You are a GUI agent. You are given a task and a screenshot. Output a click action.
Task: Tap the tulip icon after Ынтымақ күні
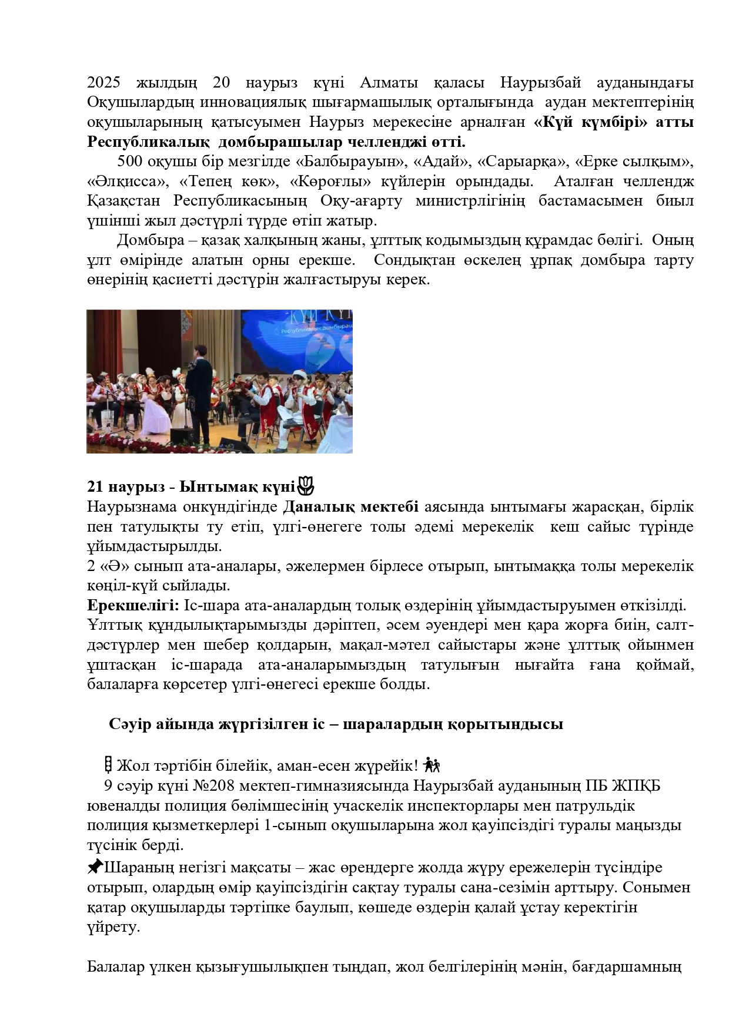306,486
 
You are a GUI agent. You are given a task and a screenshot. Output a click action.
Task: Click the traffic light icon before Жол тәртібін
108,765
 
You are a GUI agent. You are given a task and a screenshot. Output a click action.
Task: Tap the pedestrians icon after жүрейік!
432,765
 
